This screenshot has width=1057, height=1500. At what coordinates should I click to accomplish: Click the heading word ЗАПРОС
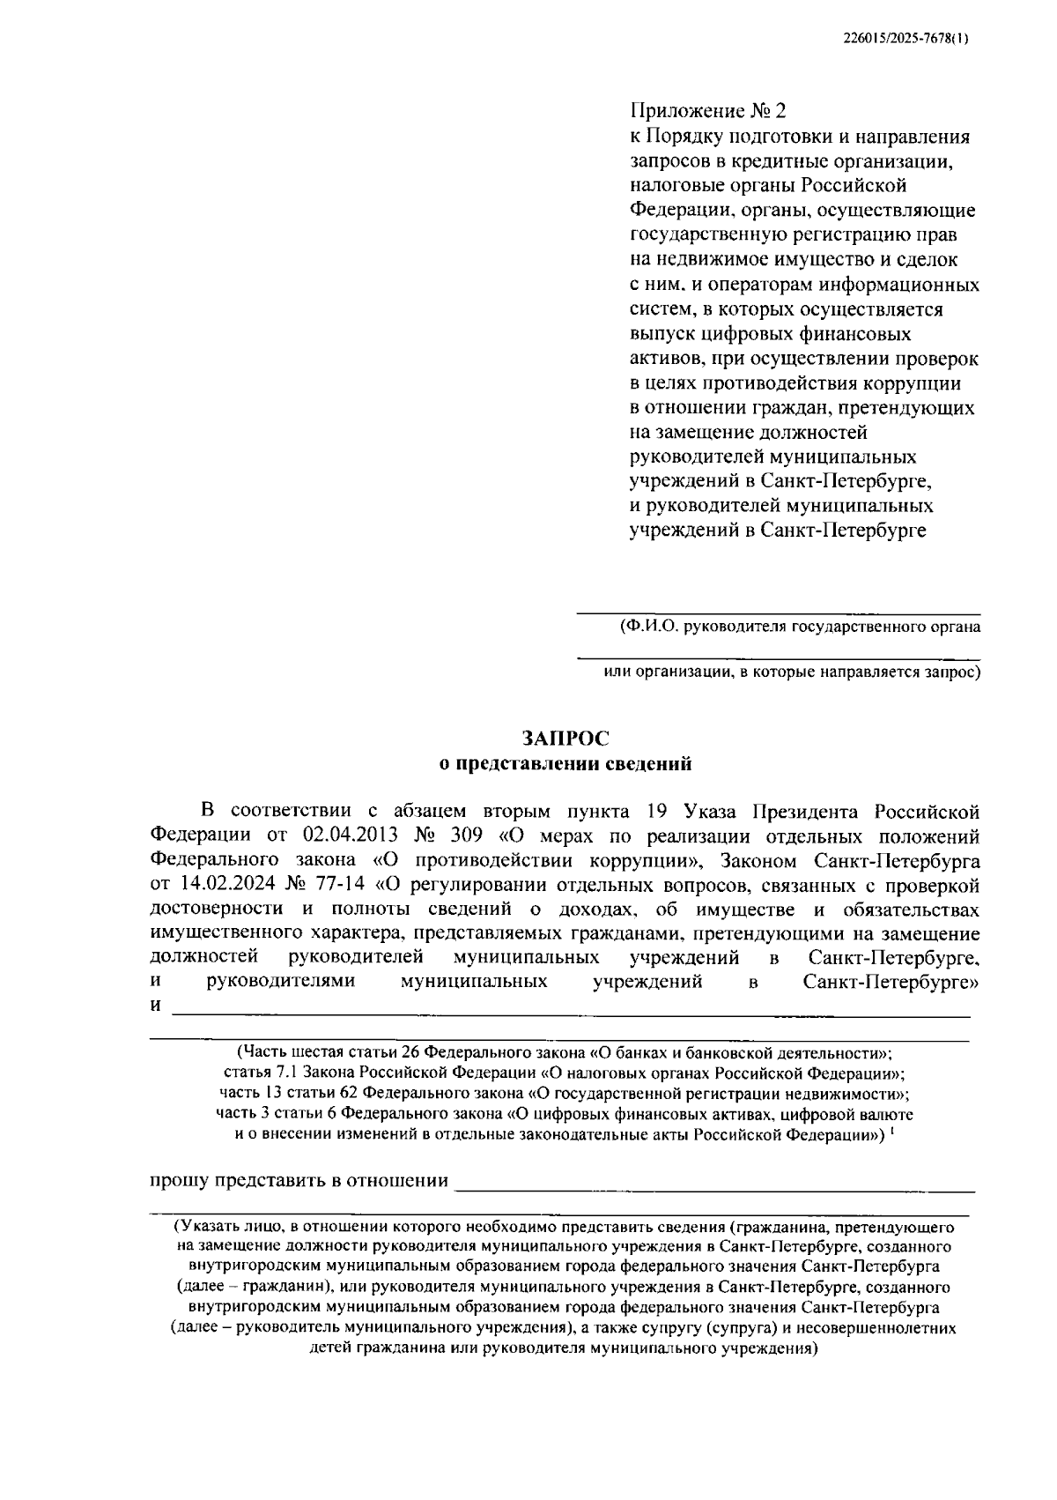point(565,739)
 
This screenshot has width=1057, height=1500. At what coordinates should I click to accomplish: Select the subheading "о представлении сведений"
point(565,764)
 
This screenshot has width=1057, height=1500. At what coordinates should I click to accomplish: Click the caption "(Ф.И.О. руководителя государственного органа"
point(800,627)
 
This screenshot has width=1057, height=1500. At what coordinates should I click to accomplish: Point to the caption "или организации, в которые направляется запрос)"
point(792,672)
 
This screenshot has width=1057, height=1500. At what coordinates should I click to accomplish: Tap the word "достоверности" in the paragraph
point(217,909)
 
